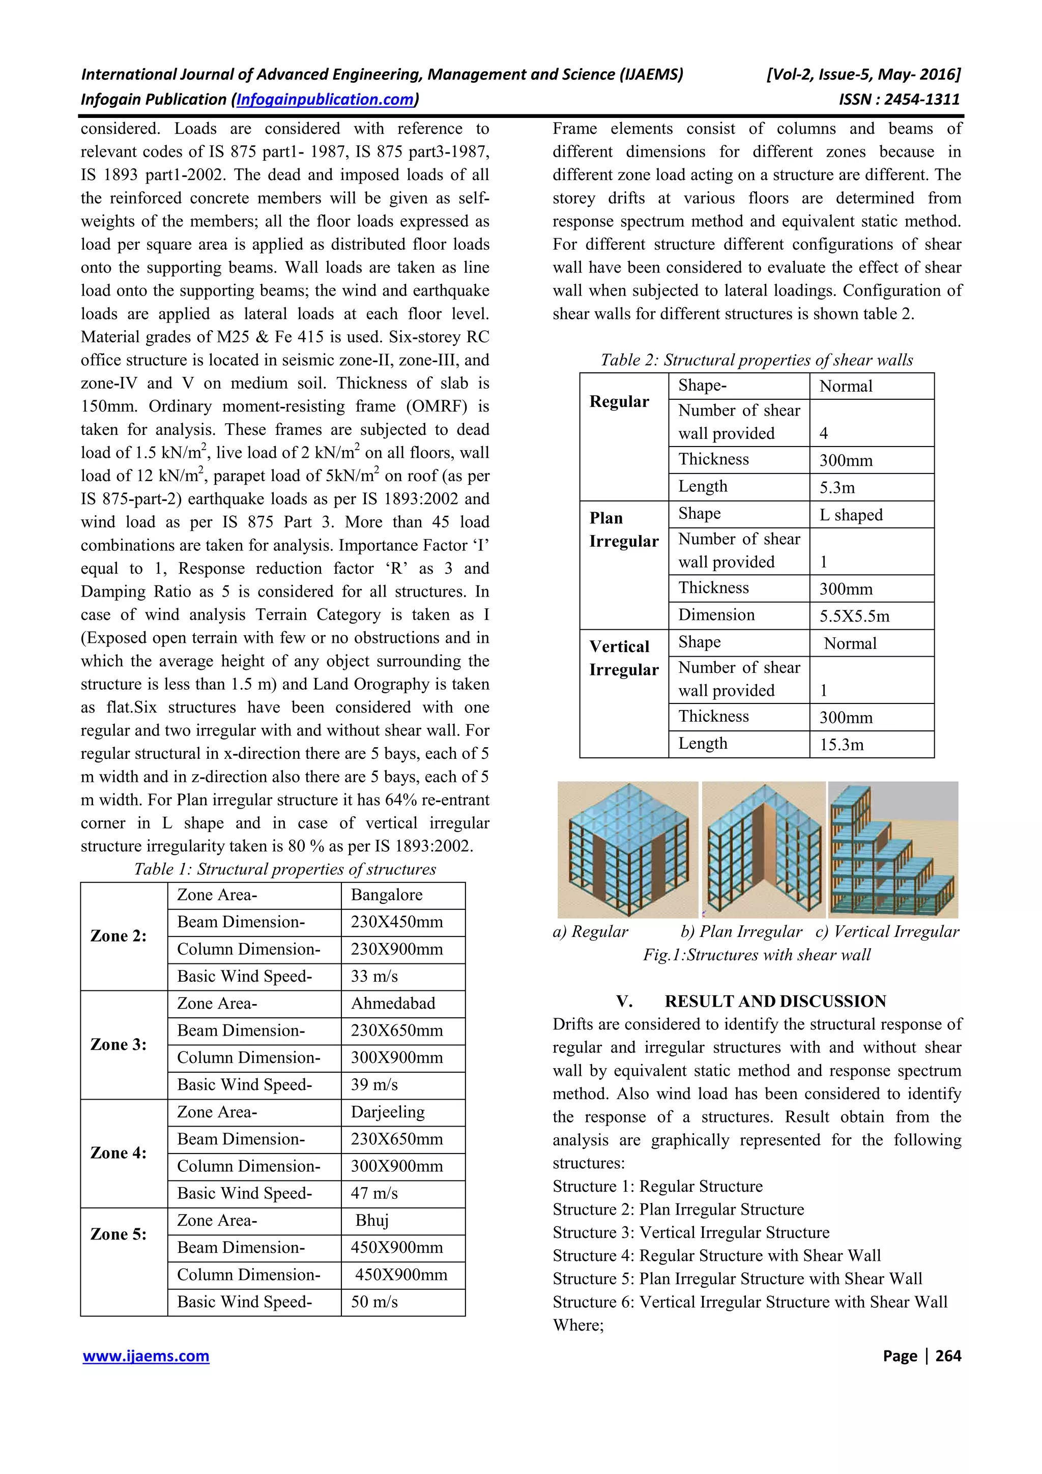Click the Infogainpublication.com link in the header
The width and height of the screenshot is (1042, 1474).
coord(326,100)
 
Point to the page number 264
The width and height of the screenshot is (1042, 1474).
coord(948,1356)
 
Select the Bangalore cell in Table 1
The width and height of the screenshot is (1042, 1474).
coord(387,895)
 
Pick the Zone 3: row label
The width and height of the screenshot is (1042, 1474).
coord(119,1045)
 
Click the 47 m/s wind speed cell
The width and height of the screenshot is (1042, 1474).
coord(374,1193)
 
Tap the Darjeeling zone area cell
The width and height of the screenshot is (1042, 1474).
coord(388,1112)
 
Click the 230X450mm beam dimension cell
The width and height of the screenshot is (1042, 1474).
coord(397,922)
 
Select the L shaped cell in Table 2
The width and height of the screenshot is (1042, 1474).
coord(851,515)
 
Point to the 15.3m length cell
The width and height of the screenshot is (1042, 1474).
coord(842,745)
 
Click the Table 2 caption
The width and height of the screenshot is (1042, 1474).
coord(756,360)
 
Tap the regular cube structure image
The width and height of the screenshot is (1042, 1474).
coord(627,849)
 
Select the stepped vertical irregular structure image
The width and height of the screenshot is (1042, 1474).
coord(892,849)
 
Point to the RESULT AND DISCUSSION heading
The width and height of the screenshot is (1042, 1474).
coord(775,1001)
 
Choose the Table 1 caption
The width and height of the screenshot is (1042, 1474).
coord(284,869)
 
